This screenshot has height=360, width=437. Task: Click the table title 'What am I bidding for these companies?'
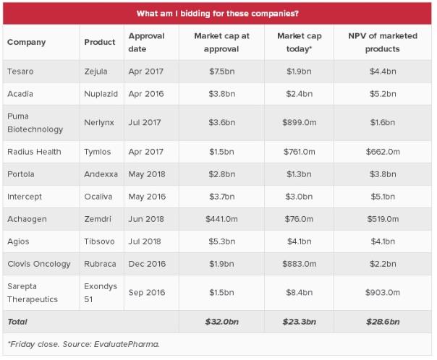tap(218, 13)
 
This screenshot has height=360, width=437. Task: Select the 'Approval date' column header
tap(146, 42)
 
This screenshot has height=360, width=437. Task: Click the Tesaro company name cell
tap(20, 71)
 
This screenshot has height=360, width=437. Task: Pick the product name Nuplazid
tap(100, 94)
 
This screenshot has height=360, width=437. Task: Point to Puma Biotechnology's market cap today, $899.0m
tap(298, 122)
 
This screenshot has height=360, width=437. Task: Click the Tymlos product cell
tap(97, 151)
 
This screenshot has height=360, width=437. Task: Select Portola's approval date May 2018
tap(146, 174)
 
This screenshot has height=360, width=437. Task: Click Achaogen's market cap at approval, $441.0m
tap(217, 219)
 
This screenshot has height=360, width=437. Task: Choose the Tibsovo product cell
tap(98, 242)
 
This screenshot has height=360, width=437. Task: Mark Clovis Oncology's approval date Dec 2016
tap(147, 265)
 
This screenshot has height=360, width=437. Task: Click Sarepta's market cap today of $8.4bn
tap(298, 293)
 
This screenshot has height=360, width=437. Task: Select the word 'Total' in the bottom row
tap(17, 321)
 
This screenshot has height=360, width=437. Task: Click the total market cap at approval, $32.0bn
tap(218, 321)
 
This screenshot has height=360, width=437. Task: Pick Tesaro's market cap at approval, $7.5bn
tap(218, 71)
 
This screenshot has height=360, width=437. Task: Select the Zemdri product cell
tap(98, 219)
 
